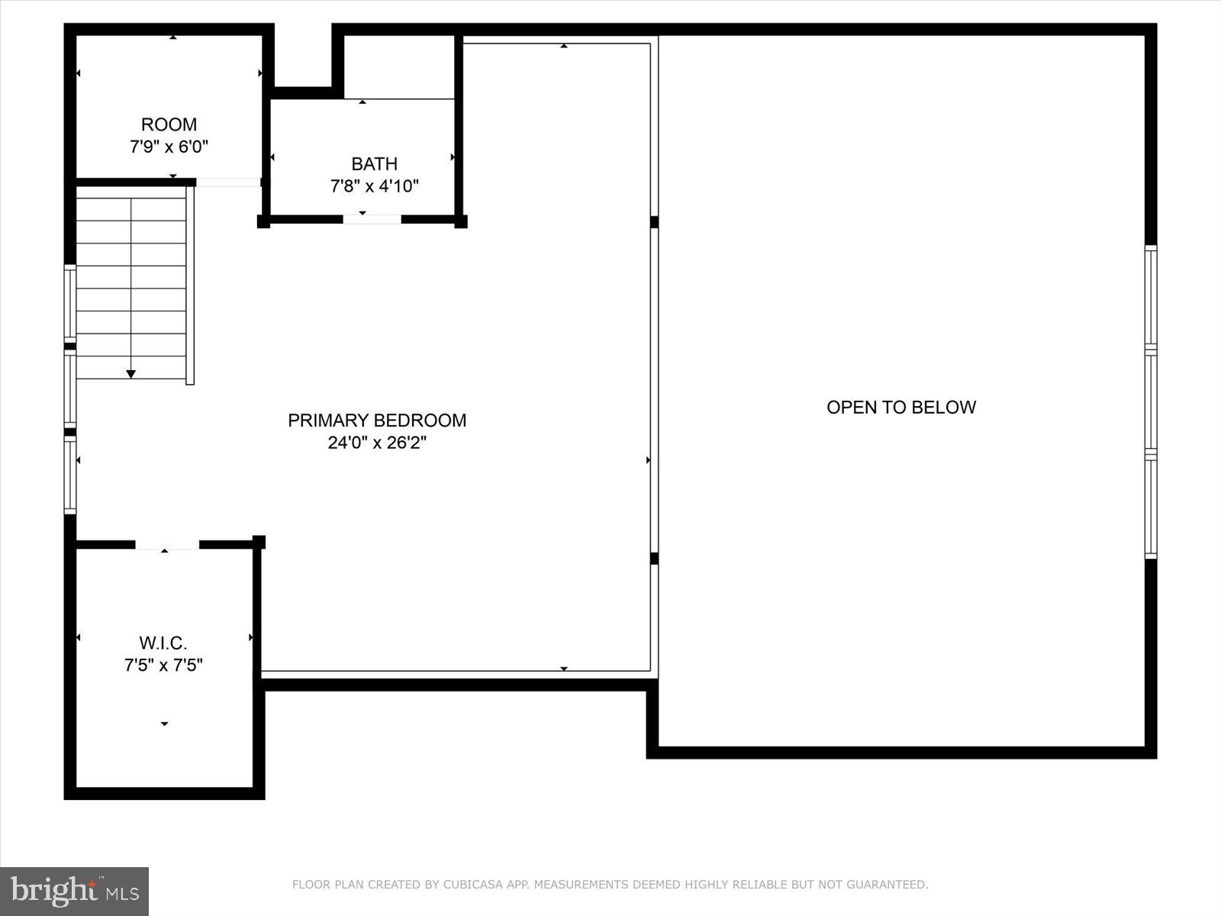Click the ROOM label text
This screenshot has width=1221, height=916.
[x=169, y=124]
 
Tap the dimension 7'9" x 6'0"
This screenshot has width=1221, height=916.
[x=169, y=147]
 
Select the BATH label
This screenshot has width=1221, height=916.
[x=374, y=163]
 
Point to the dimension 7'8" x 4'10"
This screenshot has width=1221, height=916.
[x=374, y=185]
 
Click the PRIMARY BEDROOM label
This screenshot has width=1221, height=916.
[x=377, y=420]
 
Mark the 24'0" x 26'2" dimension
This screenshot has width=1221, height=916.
[x=377, y=443]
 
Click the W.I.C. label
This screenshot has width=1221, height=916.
[x=163, y=643]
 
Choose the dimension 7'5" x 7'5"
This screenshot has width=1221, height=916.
[x=163, y=666]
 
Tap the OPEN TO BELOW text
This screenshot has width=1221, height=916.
[x=901, y=407]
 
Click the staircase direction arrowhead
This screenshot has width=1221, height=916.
[x=130, y=374]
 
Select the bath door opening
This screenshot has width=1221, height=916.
[x=372, y=220]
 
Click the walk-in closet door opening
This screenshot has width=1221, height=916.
[x=167, y=544]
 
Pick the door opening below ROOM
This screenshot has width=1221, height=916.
[x=228, y=182]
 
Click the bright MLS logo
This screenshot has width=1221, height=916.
[x=75, y=891]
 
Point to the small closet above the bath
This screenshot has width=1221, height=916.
[x=399, y=66]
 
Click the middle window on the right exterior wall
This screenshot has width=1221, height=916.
[x=1151, y=402]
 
